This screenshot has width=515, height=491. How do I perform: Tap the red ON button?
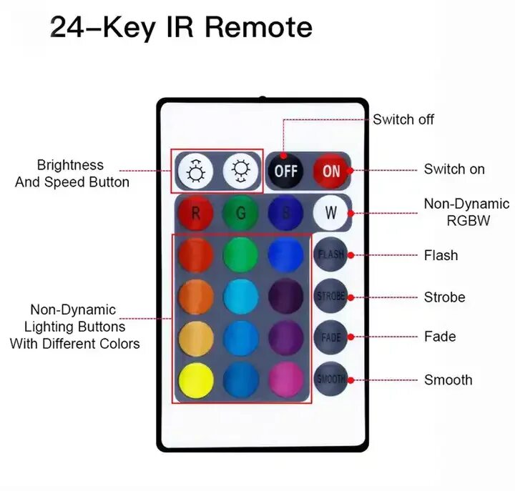click(x=331, y=171)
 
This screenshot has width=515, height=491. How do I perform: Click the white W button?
click(x=330, y=212)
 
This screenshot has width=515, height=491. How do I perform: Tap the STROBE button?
click(x=330, y=296)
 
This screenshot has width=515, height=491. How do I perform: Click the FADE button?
click(x=330, y=336)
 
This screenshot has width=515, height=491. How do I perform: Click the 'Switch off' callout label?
click(x=403, y=119)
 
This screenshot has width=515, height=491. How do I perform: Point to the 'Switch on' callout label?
click(x=454, y=169)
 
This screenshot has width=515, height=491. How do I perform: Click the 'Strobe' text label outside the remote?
click(x=444, y=297)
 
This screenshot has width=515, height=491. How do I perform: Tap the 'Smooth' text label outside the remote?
click(x=448, y=380)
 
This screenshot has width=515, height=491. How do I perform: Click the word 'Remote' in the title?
click(x=258, y=27)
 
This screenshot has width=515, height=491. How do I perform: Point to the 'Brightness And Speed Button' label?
click(x=72, y=174)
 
